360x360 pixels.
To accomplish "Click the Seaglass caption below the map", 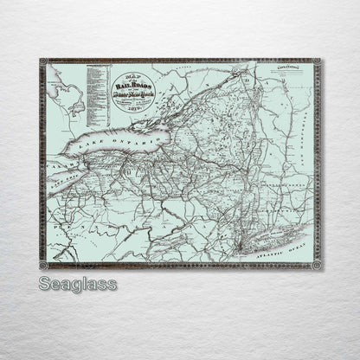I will (x=77, y=285).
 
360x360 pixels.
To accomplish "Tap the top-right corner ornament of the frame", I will (x=317, y=62).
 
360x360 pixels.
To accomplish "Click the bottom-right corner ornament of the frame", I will (x=317, y=265).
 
